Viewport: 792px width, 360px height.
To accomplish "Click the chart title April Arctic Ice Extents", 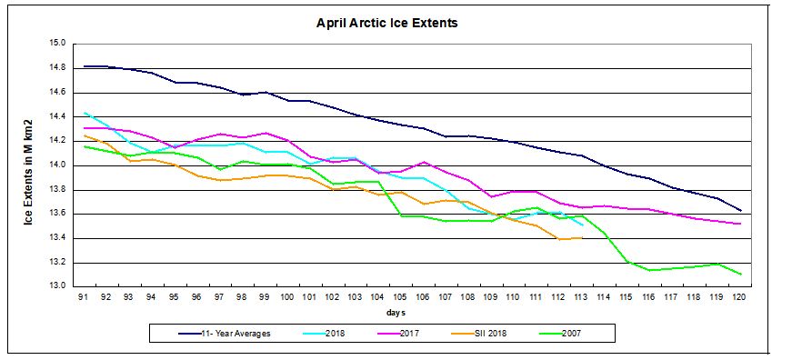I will tap(394, 22).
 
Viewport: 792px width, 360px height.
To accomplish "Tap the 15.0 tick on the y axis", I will tap(57, 44).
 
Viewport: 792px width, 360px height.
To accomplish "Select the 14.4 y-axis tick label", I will tap(57, 116).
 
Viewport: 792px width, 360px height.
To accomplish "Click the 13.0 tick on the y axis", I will tap(57, 286).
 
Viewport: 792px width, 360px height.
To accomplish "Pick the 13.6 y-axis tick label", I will tap(57, 214).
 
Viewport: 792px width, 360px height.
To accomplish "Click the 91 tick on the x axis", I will tap(84, 297).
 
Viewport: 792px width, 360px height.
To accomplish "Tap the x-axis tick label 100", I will tap(287, 297).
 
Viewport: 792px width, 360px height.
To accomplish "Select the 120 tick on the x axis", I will tap(740, 297).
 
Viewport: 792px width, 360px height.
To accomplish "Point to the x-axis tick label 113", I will tap(582, 297).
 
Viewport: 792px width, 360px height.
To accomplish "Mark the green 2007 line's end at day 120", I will tap(740, 274).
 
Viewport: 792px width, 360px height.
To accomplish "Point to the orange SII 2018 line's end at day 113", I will tap(582, 238).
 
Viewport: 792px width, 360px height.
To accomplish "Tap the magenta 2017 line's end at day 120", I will tap(740, 224).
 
